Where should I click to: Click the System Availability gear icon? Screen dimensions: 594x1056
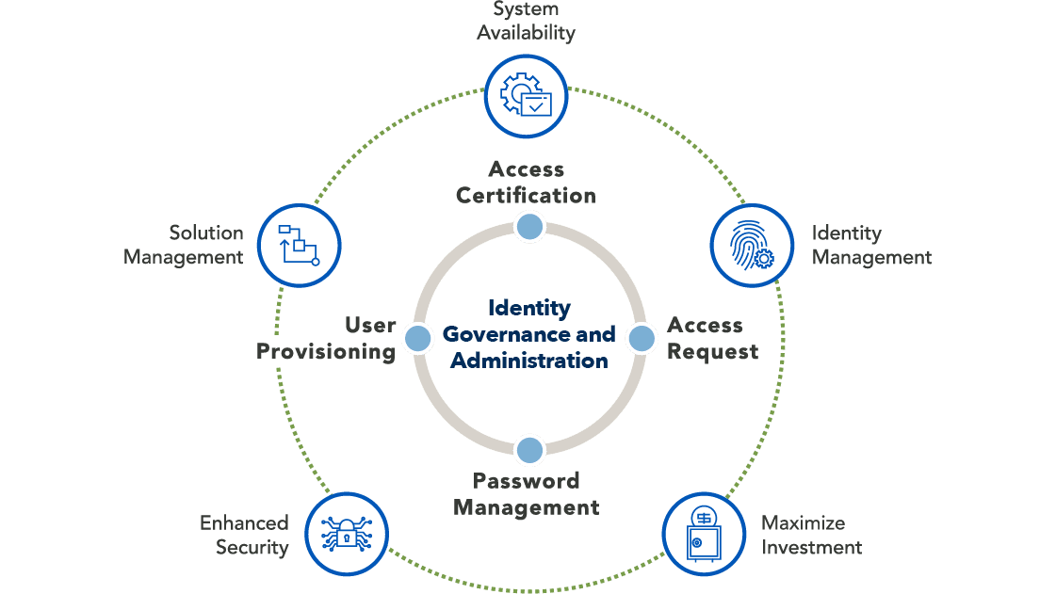pos(526,95)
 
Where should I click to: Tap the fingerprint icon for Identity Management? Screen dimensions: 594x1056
pos(751,245)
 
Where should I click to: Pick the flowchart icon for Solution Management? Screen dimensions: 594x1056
pos(299,246)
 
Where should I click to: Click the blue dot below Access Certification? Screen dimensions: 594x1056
pos(529,226)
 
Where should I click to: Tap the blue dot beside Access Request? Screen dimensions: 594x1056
pos(642,338)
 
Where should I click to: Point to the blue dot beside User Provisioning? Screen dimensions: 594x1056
pos(417,338)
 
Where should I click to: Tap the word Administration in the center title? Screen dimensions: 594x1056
pos(528,361)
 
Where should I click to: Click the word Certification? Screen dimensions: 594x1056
pos(526,196)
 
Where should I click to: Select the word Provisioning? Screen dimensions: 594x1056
pos(326,353)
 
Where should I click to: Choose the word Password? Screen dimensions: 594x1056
pos(526,481)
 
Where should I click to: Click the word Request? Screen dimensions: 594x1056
pos(712,352)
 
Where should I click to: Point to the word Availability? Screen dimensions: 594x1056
pos(526,33)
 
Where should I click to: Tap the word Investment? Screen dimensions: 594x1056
pos(811,547)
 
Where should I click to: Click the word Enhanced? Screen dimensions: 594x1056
pos(244,523)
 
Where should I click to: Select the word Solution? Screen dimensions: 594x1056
pos(206,233)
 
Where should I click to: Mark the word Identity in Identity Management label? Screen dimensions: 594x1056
pos(846,233)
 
